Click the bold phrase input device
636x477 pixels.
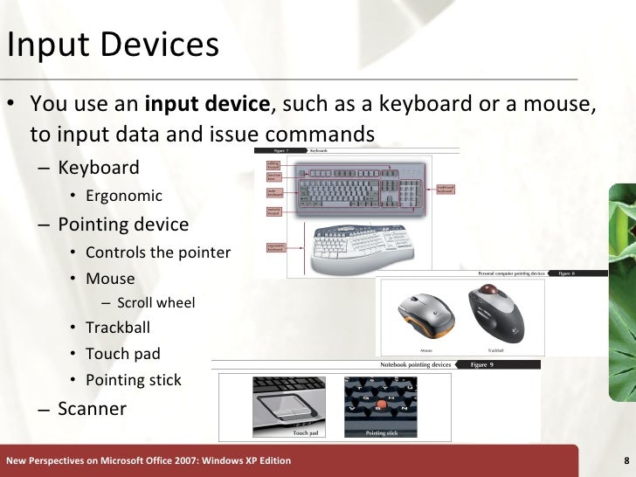point(207,105)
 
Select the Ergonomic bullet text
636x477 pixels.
point(123,195)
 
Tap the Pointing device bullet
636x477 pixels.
point(123,225)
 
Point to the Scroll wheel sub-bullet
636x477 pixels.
point(156,303)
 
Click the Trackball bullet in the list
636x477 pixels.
point(117,328)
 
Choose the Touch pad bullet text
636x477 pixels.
point(122,354)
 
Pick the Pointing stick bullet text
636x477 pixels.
point(133,380)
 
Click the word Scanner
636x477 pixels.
point(92,408)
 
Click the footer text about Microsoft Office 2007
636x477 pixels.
point(149,460)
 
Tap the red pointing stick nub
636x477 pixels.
point(380,405)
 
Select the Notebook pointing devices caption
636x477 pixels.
point(415,364)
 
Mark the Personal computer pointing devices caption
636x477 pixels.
point(511,273)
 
